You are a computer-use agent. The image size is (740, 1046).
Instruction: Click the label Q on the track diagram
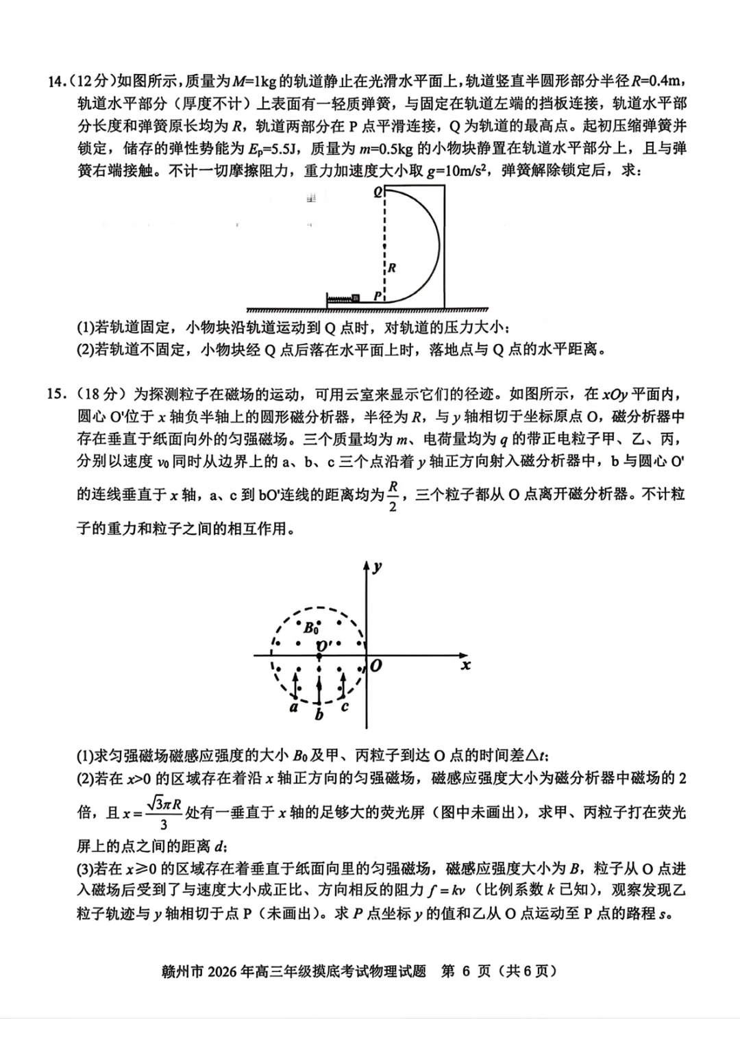378,192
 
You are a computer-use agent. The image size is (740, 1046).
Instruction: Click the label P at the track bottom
378,296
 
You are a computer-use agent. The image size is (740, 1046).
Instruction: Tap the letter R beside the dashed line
392,268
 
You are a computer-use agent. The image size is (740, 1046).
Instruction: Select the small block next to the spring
356,298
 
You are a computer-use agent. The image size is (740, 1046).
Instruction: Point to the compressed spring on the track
339,298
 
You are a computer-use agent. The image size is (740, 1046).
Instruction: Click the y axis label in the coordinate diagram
378,566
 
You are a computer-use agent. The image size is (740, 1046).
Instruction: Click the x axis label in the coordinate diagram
466,665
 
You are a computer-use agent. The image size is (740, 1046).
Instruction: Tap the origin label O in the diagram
376,665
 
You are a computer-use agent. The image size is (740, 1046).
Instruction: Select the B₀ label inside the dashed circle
311,627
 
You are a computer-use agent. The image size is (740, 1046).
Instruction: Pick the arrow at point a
295,685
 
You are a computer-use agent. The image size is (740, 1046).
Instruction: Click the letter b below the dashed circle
319,714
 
